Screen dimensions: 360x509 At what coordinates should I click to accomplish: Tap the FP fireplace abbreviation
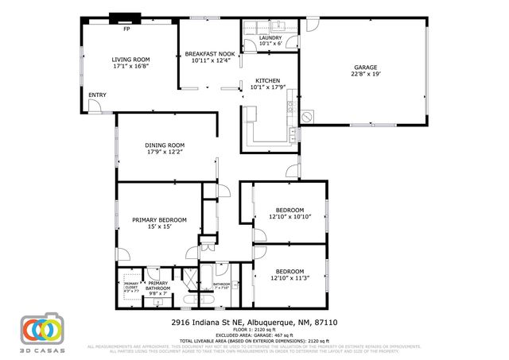click(126, 29)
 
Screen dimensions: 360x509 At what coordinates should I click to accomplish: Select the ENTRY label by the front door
click(97, 95)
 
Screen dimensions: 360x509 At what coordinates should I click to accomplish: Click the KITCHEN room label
click(266, 81)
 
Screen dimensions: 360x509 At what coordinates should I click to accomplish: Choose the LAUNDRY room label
click(270, 37)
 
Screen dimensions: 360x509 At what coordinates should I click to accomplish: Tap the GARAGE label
click(365, 68)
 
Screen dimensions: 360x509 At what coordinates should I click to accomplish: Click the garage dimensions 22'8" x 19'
click(365, 75)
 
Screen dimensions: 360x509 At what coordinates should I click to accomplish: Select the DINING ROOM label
click(165, 145)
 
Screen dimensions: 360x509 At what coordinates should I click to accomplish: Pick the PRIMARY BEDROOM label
click(159, 219)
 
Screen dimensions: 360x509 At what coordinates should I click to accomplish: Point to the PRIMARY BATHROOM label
click(157, 285)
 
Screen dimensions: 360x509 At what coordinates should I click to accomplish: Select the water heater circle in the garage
click(307, 116)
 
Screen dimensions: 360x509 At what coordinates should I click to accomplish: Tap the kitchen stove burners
click(292, 106)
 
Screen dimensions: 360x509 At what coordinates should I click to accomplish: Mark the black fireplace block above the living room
click(124, 19)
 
